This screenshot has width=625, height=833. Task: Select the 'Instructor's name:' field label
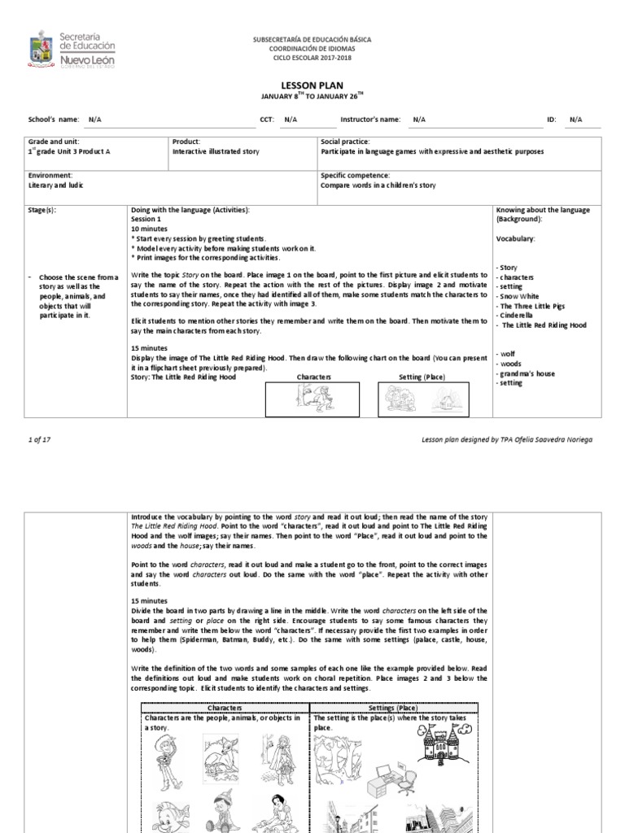[370, 120]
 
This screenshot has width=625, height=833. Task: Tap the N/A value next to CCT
[290, 120]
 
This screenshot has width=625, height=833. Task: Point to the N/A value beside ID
[575, 120]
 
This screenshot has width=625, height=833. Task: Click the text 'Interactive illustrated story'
[216, 151]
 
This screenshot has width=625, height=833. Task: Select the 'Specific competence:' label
[356, 175]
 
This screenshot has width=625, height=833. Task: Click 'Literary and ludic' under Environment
[56, 185]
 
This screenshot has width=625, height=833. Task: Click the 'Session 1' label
[146, 219]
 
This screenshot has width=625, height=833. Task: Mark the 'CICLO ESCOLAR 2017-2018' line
[312, 57]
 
